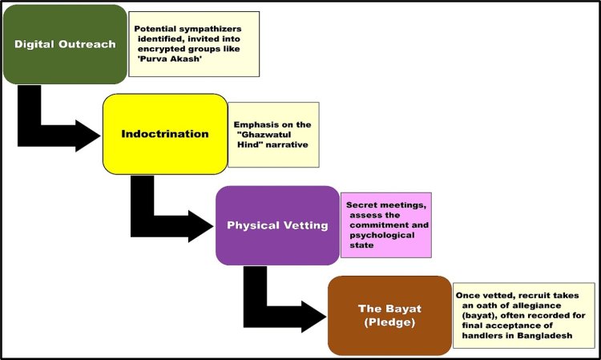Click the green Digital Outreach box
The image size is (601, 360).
coord(64,44)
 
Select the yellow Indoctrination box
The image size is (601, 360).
coord(164,134)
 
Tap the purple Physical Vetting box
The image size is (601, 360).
coord(277,225)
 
